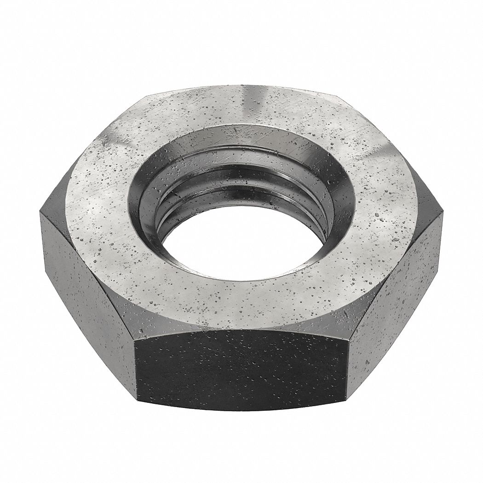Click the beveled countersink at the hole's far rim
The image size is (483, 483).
[x=239, y=138]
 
